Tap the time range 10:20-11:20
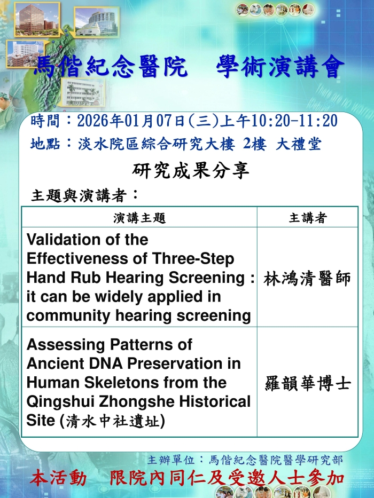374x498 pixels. coord(294,121)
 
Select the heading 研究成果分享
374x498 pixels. coord(191,171)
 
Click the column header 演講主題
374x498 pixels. coord(139,218)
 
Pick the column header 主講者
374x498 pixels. coord(308,218)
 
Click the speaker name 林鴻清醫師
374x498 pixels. coord(307,279)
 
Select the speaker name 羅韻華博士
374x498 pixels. coord(308,383)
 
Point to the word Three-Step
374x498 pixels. coord(193,259)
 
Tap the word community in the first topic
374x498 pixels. coord(68,315)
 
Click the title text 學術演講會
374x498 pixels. coord(280,67)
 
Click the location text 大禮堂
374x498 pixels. coord(298,144)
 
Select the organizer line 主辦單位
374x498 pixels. coord(245,460)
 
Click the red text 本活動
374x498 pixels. coord(58,478)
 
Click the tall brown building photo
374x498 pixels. coord(37,19)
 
